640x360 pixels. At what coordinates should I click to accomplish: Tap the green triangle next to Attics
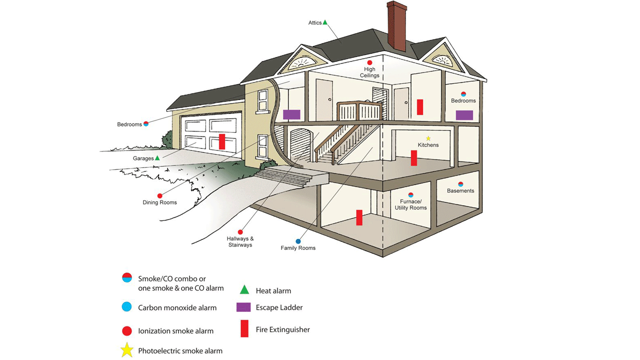coord(325,22)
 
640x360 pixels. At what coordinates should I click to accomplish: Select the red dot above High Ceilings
coord(369,62)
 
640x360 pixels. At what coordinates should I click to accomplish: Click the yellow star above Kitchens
coord(428,138)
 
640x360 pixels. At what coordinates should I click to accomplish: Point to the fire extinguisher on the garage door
coord(222,141)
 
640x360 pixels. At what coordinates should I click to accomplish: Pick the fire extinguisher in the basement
coord(359,217)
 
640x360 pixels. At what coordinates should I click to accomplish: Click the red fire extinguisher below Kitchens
coord(414,158)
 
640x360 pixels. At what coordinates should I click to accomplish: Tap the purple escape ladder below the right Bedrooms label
coord(464,115)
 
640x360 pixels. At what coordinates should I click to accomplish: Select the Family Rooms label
coord(298,248)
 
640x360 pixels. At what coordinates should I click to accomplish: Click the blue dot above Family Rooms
coord(298,241)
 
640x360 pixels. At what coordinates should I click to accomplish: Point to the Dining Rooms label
coord(160,202)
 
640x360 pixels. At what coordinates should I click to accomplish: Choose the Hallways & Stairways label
coord(240,242)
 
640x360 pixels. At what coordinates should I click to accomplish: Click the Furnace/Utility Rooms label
coord(410,204)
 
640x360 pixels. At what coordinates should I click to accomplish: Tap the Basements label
coord(460,191)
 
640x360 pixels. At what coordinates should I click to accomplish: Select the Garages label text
coord(143,158)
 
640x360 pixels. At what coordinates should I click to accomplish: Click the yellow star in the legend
coord(126,350)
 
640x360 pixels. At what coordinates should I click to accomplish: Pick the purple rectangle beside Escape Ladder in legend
coord(243,307)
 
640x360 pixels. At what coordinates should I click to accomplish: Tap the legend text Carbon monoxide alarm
coord(177,308)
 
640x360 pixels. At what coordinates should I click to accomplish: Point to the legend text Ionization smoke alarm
coord(175,331)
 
